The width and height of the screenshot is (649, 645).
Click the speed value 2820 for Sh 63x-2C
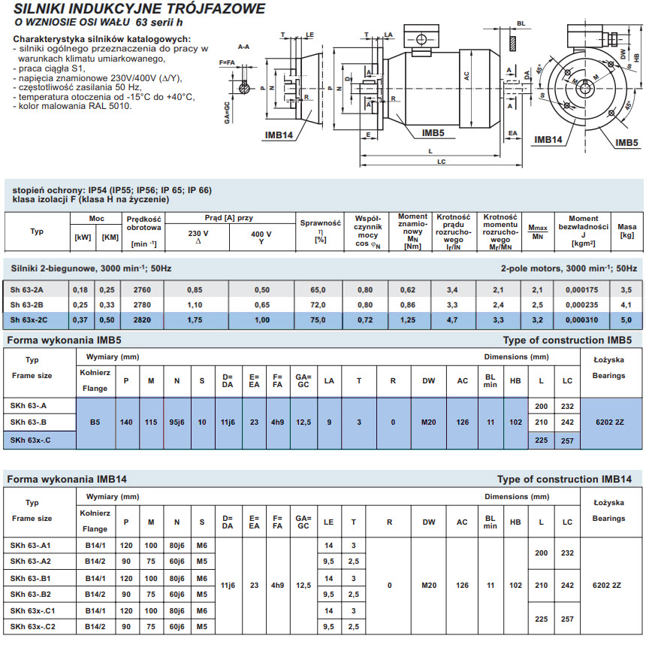(x=142, y=319)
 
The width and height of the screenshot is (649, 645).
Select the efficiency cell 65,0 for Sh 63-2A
(x=318, y=290)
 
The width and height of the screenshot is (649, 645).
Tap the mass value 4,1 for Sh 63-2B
(x=626, y=305)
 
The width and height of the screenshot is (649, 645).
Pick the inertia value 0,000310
(x=581, y=319)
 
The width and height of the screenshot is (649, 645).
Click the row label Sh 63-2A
(x=26, y=290)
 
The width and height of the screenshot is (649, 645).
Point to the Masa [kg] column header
(x=626, y=231)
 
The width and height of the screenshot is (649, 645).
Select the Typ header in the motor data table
(x=37, y=231)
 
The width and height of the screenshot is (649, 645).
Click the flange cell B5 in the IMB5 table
(x=95, y=422)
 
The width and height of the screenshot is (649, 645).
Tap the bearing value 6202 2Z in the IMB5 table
(x=610, y=422)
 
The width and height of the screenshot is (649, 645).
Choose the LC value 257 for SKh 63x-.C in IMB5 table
(x=567, y=441)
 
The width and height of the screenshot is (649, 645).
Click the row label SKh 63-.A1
(x=30, y=546)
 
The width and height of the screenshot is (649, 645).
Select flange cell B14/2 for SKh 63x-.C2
(x=95, y=627)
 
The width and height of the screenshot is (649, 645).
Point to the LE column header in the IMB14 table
(x=329, y=522)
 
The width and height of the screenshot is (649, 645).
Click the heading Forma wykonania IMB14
(x=67, y=480)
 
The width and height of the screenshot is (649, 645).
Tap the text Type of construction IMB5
(x=567, y=340)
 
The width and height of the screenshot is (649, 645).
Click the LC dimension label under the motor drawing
(x=441, y=162)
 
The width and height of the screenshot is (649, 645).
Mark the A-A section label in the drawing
(x=244, y=47)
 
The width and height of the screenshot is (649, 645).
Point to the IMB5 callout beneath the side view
(x=433, y=133)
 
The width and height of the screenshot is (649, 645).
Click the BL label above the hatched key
(x=521, y=23)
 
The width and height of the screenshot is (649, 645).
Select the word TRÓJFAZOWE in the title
(x=219, y=9)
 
